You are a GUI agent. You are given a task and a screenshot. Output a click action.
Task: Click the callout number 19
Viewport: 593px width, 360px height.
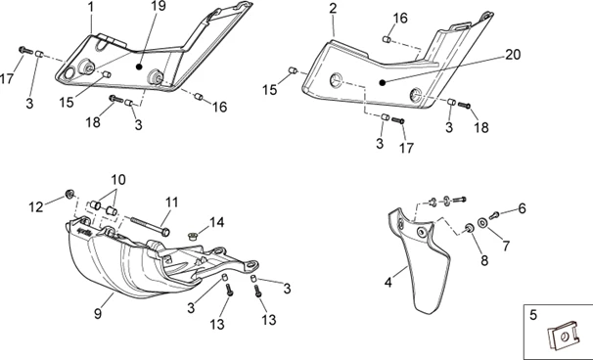[x=159, y=6]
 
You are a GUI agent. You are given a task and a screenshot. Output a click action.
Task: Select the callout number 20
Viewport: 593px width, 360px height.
[x=513, y=55]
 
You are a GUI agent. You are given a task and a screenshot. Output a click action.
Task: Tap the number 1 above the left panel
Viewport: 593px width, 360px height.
[x=91, y=7]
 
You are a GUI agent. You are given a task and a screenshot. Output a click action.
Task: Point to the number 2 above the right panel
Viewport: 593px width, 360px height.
[x=333, y=9]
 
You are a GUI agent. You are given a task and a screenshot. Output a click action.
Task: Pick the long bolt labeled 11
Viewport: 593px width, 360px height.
[x=150, y=225]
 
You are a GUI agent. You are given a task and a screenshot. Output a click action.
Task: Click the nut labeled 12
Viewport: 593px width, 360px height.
[x=69, y=194]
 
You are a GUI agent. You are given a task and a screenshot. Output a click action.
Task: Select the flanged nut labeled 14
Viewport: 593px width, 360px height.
[x=193, y=237]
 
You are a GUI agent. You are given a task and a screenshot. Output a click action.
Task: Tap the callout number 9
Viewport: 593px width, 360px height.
[x=98, y=313]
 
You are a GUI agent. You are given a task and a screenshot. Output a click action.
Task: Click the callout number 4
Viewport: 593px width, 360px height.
[x=388, y=283]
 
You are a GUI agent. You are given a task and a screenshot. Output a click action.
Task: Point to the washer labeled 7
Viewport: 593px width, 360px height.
[x=482, y=223]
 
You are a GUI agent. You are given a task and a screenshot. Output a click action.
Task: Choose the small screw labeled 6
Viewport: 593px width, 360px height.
[x=494, y=215]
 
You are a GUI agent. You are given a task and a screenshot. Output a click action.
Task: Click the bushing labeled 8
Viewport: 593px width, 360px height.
[x=470, y=228]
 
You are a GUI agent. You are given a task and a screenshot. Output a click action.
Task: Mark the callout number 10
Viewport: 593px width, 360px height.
[x=118, y=179]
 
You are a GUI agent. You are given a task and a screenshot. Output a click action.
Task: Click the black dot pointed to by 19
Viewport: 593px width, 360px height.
[x=139, y=67]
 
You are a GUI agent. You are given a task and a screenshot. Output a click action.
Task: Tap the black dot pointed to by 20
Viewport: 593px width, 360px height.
[x=383, y=82]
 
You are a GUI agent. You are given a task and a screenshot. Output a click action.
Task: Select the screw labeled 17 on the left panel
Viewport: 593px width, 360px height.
[x=25, y=50]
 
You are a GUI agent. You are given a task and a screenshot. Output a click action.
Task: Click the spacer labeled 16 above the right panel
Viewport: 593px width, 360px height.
[x=387, y=39]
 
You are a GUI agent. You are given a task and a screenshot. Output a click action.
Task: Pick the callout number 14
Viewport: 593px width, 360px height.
[x=216, y=222]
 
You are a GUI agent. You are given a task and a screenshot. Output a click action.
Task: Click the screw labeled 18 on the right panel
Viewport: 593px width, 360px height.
[x=464, y=105]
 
